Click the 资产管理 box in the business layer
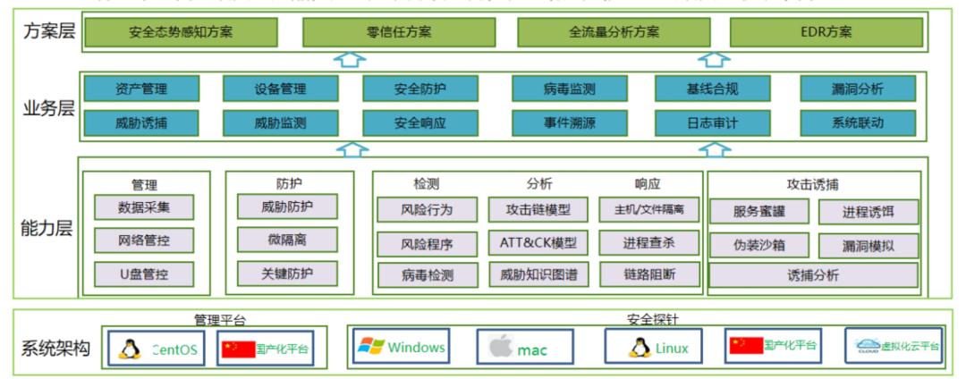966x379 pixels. pyautogui.click(x=141, y=88)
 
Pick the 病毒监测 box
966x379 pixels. pyautogui.click(x=569, y=88)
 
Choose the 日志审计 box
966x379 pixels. pyautogui.click(x=712, y=122)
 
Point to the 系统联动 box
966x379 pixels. pyautogui.click(x=857, y=122)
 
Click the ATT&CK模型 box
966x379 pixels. pyautogui.click(x=538, y=242)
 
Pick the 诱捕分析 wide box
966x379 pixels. pyautogui.click(x=813, y=274)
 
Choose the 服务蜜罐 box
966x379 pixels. pyautogui.click(x=758, y=212)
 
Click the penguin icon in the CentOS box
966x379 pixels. pyautogui.click(x=131, y=349)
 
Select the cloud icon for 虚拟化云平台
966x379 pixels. pyautogui.click(x=866, y=346)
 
